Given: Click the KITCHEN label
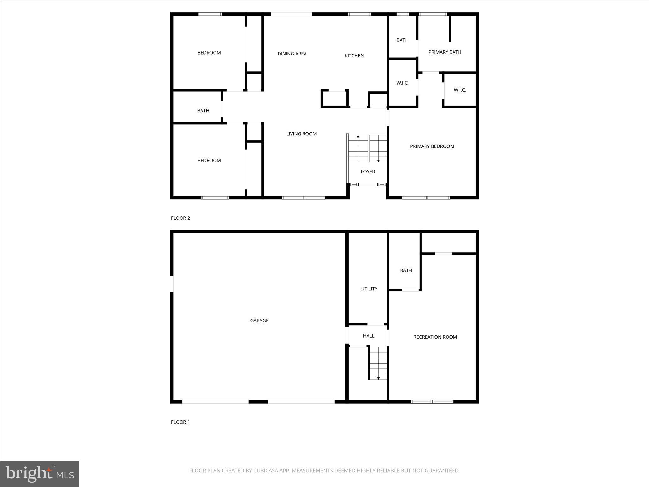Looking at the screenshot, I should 354,56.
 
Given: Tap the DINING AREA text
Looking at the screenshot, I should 292,54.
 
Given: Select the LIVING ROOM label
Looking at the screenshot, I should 301,134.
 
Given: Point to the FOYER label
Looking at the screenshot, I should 368,172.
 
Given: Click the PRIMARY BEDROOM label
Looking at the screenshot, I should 432,146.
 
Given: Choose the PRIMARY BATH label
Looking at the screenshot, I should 445,52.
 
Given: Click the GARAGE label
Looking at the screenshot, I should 259,321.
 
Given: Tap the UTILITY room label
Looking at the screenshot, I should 369,289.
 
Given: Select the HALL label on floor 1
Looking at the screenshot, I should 369,336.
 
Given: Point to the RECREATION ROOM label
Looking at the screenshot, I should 435,337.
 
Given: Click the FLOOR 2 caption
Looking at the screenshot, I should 180,218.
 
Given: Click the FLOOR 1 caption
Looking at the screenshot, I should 180,422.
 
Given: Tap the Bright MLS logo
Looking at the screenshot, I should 40,474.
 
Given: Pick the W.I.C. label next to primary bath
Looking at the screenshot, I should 460,90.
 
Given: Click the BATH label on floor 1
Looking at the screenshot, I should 406,270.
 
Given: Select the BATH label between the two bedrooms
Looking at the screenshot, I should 203,111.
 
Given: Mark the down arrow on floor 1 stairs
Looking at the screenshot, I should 378,378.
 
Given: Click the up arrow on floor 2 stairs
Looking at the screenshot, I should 358,137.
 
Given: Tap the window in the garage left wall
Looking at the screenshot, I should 172,284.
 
